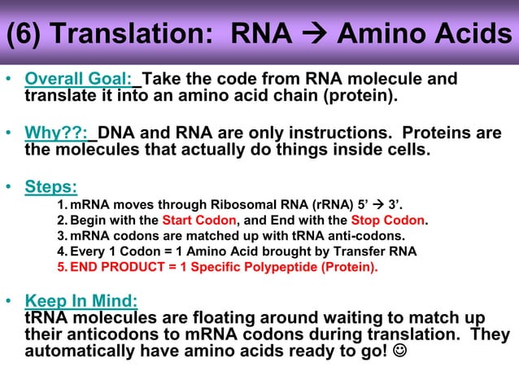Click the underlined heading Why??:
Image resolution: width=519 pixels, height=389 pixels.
coord(59,133)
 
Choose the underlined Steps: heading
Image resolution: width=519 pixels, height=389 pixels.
coord(51,186)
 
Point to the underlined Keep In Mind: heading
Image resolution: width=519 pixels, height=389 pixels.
coord(81,300)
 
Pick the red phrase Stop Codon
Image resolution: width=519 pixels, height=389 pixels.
coord(388,221)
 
